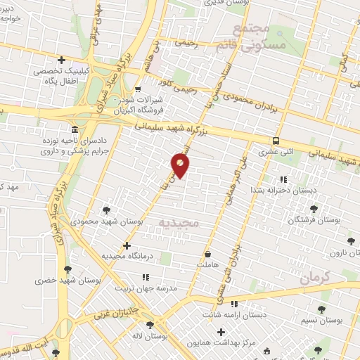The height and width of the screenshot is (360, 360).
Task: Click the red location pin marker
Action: pos(180,165)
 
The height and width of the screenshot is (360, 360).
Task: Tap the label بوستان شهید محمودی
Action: pos(105,221)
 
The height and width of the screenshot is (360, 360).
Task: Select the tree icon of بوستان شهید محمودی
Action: pos(106,210)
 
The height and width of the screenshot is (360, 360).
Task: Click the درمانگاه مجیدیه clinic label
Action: pos(127,257)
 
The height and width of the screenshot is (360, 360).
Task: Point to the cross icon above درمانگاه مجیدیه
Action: pos(127,245)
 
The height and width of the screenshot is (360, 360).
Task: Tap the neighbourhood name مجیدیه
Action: pos(180,224)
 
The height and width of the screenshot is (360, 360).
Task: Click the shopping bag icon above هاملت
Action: pos(208,253)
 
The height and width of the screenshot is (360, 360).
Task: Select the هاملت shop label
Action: pos(208,264)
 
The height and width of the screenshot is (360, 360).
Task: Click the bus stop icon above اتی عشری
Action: pos(276,140)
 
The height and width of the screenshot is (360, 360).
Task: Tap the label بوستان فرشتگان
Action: pos(314,221)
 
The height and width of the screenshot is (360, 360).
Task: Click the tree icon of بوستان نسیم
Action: pos(321,309)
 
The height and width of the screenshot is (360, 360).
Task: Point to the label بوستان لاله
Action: pos(150,337)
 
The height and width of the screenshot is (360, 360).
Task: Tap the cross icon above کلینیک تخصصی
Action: pos(61,60)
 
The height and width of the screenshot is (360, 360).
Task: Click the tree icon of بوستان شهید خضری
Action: pos(67,269)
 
